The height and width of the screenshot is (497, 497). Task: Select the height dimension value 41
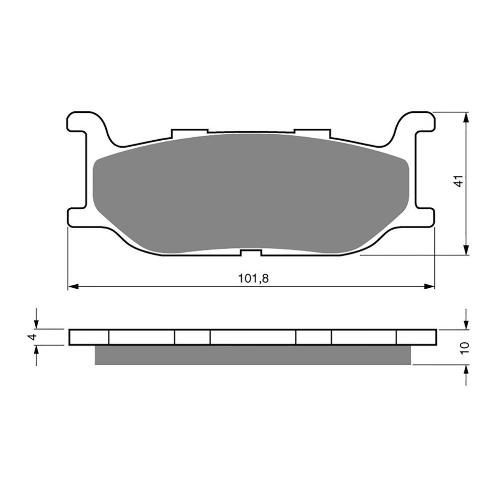click(460, 181)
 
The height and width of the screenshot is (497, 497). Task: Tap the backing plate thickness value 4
click(33, 337)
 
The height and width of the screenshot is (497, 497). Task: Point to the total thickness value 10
click(465, 347)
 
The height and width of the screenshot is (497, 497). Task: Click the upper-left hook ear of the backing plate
click(82, 122)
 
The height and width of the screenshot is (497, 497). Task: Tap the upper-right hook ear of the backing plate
click(420, 122)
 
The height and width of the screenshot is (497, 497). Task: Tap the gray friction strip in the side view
click(252, 355)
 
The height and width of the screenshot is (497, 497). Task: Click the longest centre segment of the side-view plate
click(252, 337)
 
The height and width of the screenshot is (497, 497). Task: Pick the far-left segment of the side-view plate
click(89, 337)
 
